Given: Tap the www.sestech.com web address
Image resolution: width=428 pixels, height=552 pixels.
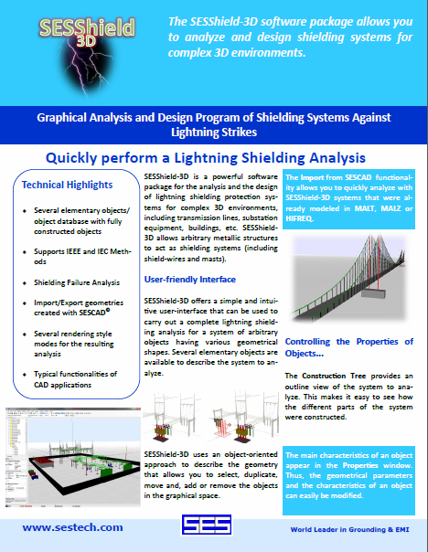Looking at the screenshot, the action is pyautogui.click(x=72, y=527).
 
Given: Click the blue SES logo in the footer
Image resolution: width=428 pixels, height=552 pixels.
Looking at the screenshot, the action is pyautogui.click(x=207, y=525).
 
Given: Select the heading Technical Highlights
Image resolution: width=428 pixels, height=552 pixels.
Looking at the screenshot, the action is pyautogui.click(x=67, y=185).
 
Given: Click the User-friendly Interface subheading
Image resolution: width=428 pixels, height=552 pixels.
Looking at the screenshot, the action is pyautogui.click(x=190, y=280).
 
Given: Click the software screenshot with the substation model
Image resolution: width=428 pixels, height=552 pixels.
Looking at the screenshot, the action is pyautogui.click(x=73, y=457).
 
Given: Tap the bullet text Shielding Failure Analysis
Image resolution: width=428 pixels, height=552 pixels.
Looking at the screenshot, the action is pyautogui.click(x=77, y=282).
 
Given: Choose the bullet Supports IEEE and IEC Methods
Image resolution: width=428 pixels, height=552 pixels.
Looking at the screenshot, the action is pyautogui.click(x=82, y=257).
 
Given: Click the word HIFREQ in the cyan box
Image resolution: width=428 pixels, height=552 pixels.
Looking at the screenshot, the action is pyautogui.click(x=299, y=218).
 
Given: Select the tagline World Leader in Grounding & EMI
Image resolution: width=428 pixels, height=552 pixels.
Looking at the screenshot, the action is pyautogui.click(x=349, y=529).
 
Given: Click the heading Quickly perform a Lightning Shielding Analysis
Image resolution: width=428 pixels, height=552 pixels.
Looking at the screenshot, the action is pyautogui.click(x=206, y=158).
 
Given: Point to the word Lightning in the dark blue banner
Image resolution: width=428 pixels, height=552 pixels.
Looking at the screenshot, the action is pyautogui.click(x=194, y=133).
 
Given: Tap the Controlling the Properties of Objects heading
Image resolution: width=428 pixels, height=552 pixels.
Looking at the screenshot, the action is pyautogui.click(x=349, y=347).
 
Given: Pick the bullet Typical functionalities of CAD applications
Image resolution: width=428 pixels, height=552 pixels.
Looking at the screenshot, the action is pyautogui.click(x=75, y=379).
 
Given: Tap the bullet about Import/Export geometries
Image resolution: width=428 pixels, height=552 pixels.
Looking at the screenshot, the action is pyautogui.click(x=79, y=308).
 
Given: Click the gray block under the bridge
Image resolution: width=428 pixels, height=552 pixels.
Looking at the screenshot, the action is pyautogui.click(x=373, y=294).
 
